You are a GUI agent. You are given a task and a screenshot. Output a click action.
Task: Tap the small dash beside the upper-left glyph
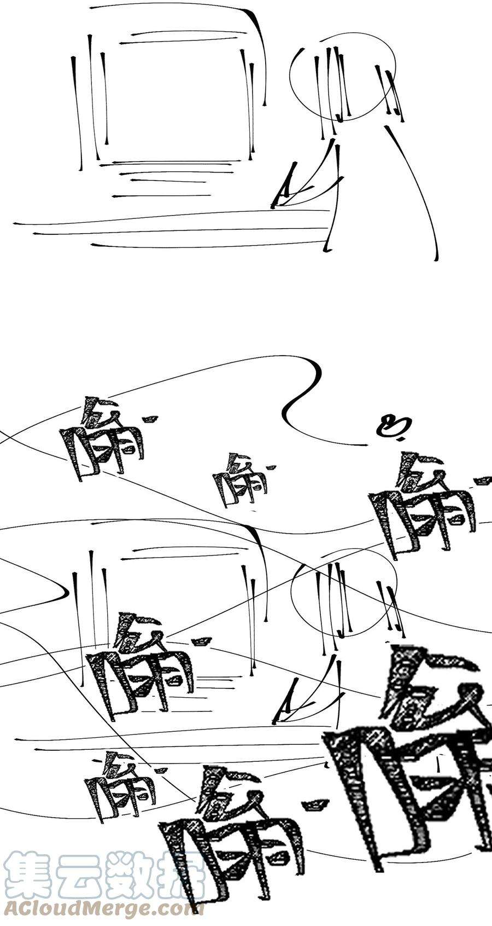pyautogui.click(x=150, y=419)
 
